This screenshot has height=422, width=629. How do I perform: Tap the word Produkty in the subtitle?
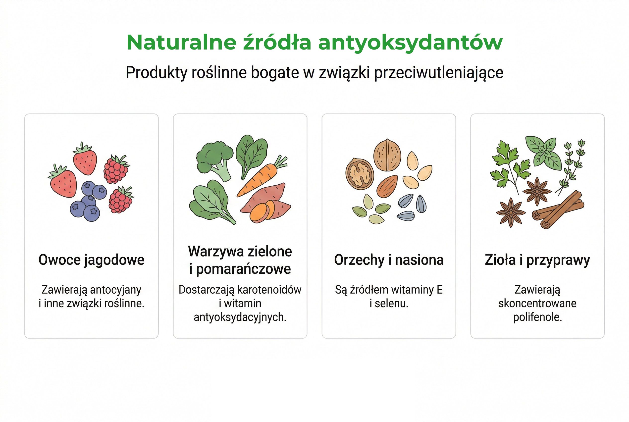(x=156, y=73)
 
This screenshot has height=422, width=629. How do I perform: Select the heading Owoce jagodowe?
(x=91, y=260)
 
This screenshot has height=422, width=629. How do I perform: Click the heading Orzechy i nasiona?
(x=389, y=260)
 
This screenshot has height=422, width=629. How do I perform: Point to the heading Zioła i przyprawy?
(x=537, y=260)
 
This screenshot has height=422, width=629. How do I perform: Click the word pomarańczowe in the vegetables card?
(x=243, y=269)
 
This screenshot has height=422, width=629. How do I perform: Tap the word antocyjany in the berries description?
(x=115, y=290)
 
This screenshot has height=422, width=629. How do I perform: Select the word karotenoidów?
(x=269, y=290)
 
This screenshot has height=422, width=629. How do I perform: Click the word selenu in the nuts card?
(x=391, y=304)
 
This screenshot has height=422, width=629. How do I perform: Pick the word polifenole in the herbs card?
(x=537, y=317)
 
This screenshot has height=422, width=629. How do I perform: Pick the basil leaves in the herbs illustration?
(x=544, y=152)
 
